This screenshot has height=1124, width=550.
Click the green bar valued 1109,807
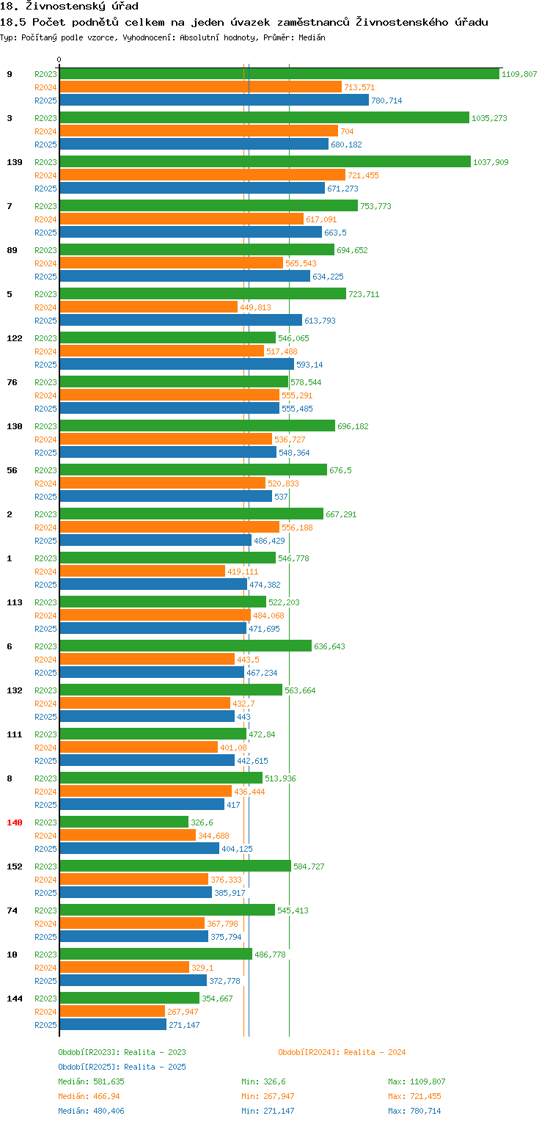pyautogui.click(x=279, y=74)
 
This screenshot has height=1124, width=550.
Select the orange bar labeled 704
pyautogui.click(x=199, y=131)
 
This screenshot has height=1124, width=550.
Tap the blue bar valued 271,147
pyautogui.click(x=114, y=1025)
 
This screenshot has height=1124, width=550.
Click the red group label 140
pyautogui.click(x=15, y=822)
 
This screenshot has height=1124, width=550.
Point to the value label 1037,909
pyautogui.click(x=491, y=162)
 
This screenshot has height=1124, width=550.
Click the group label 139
pyautogui.click(x=15, y=162)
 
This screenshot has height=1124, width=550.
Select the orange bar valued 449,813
pyautogui.click(x=149, y=307)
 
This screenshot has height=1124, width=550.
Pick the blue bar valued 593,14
pyautogui.click(x=177, y=365)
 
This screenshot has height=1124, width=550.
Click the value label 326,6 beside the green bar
pyautogui.click(x=202, y=822)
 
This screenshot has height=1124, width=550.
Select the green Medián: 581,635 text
pyautogui.click(x=91, y=1081)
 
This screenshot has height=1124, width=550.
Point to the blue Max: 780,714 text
pyautogui.click(x=414, y=1111)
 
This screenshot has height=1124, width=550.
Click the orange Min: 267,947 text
pyautogui.click(x=268, y=1096)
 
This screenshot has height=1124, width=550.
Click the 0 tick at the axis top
pyautogui.click(x=59, y=59)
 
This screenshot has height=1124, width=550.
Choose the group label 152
pyautogui.click(x=15, y=866)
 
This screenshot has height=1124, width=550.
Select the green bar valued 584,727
pyautogui.click(x=175, y=866)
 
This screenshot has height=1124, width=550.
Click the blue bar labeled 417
pyautogui.click(x=142, y=804)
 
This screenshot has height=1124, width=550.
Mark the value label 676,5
pyautogui.click(x=340, y=470)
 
